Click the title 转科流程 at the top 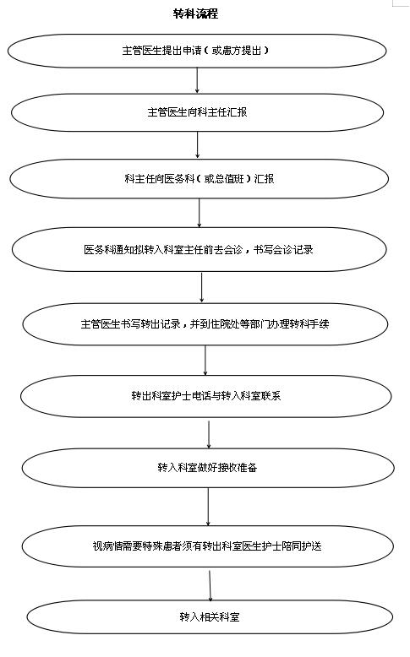pyautogui.click(x=195, y=14)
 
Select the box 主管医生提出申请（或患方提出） pyautogui.click(x=196, y=51)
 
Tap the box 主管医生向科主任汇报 pyautogui.click(x=197, y=112)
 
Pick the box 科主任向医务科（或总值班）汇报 pyautogui.click(x=199, y=179)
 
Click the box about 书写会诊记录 pyautogui.click(x=199, y=250)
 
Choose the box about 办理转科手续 pyautogui.click(x=205, y=324)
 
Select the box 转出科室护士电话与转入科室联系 pyautogui.click(x=206, y=396)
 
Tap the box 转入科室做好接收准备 pyautogui.click(x=208, y=467)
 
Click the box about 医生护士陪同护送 pyautogui.click(x=208, y=546)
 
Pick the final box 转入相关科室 pyautogui.click(x=210, y=616)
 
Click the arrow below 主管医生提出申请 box pyautogui.click(x=197, y=80)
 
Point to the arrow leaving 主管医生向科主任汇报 pyautogui.click(x=198, y=145)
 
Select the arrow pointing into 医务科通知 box pyautogui.click(x=200, y=214)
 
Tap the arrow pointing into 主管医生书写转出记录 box pyautogui.click(x=202, y=287)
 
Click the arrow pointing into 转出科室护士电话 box pyautogui.click(x=205, y=361)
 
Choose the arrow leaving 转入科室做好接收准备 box pyautogui.click(x=208, y=507)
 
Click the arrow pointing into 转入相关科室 pyautogui.click(x=210, y=585)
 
